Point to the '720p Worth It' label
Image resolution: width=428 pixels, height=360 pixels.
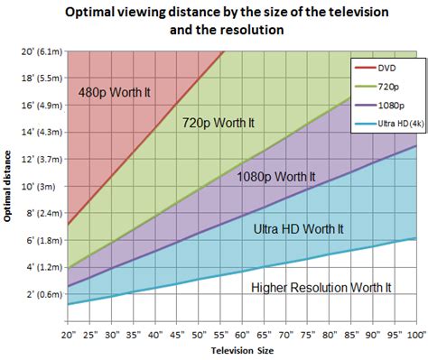(219, 121)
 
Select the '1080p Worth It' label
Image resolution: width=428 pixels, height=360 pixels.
(277, 177)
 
